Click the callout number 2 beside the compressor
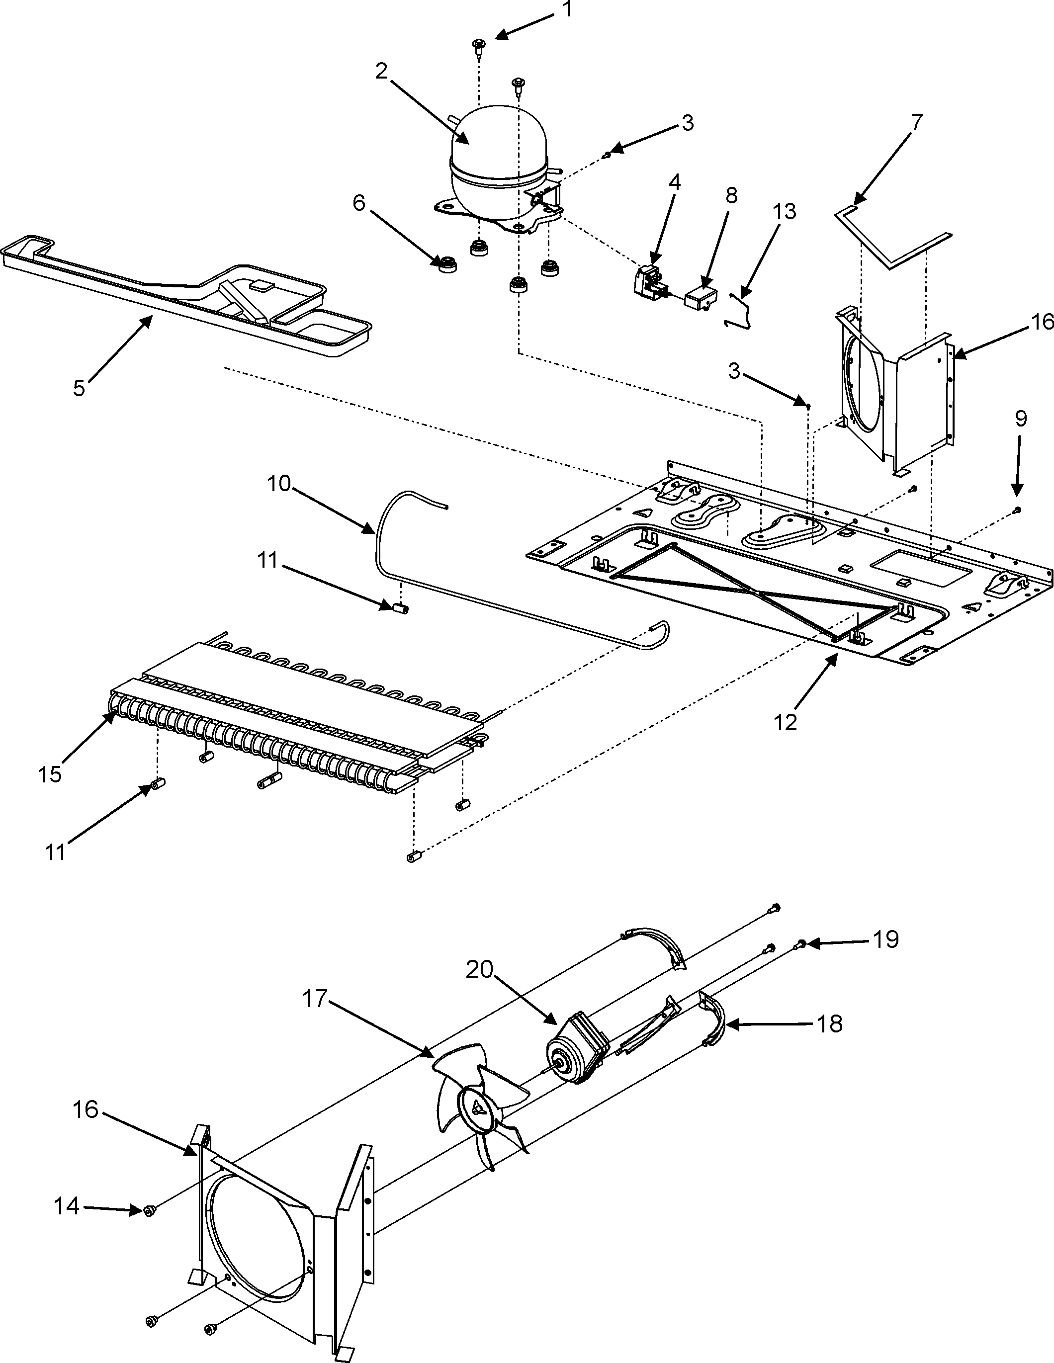pos(382,72)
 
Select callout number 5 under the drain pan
pos(79,388)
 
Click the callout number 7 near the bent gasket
pos(916,123)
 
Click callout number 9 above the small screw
pos(1020,419)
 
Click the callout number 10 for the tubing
pos(279,483)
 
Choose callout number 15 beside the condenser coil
pos(50,774)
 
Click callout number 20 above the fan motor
pos(479,969)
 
